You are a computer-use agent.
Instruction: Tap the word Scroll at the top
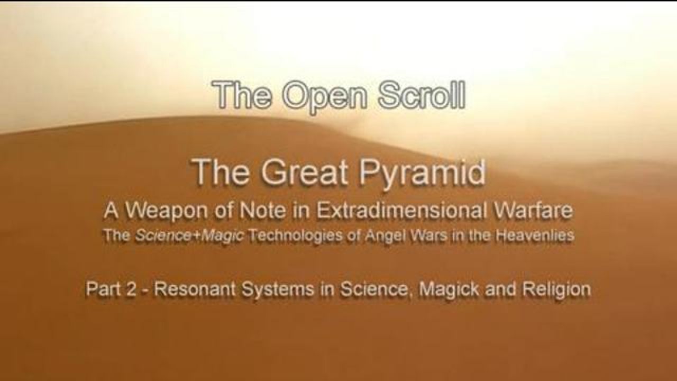422,94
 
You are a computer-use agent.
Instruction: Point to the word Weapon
166,211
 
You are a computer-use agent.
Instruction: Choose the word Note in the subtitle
262,211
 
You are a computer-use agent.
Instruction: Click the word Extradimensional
402,211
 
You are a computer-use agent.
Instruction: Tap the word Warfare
533,211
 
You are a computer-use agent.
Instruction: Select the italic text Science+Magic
189,236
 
